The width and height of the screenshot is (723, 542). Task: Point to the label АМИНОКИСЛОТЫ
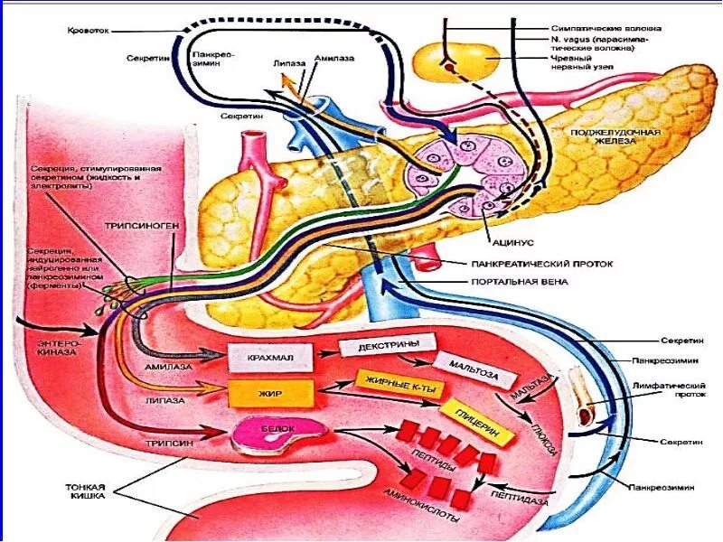(x=421, y=511)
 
